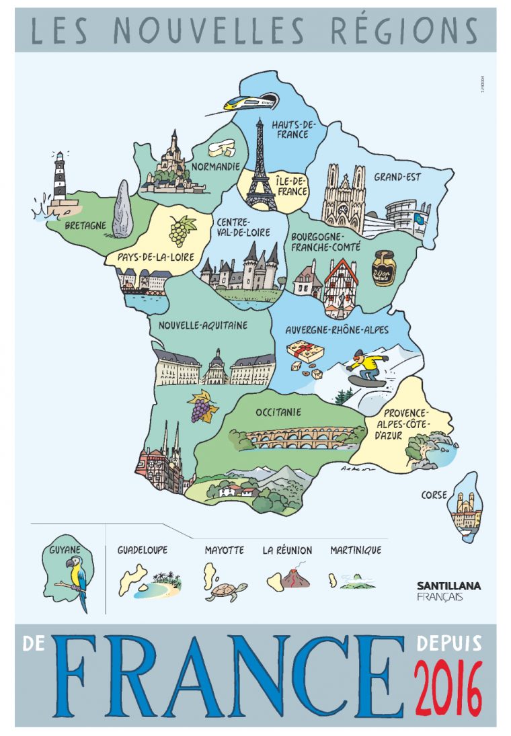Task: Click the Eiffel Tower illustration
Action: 260,168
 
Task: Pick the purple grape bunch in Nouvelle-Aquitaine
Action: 201,407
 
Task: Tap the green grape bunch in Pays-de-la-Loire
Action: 180,231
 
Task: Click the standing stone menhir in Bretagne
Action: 122,209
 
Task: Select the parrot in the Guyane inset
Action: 76,579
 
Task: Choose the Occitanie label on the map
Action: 278,412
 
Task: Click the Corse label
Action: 434,495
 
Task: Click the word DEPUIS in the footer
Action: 448,643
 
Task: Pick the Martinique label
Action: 355,550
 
